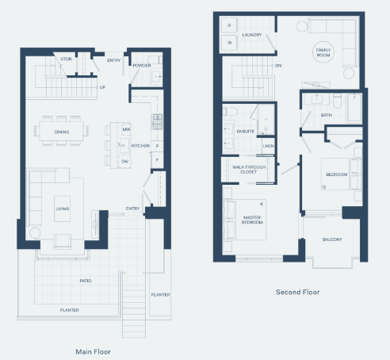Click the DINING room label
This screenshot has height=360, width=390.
[61, 132]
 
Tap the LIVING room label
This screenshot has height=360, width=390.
[61, 209]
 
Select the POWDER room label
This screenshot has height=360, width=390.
[143, 66]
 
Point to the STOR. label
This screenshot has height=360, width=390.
[67, 59]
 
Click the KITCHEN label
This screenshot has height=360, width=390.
[140, 146]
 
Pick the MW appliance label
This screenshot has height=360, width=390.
[126, 129]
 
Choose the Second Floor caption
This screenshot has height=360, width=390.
[297, 292]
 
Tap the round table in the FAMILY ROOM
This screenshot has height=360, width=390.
[324, 64]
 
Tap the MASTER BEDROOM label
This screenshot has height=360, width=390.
[253, 220]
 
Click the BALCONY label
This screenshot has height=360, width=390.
[332, 239]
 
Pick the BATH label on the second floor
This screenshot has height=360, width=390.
[326, 116]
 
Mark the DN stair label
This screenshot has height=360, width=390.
[278, 66]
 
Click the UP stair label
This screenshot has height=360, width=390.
[102, 87]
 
